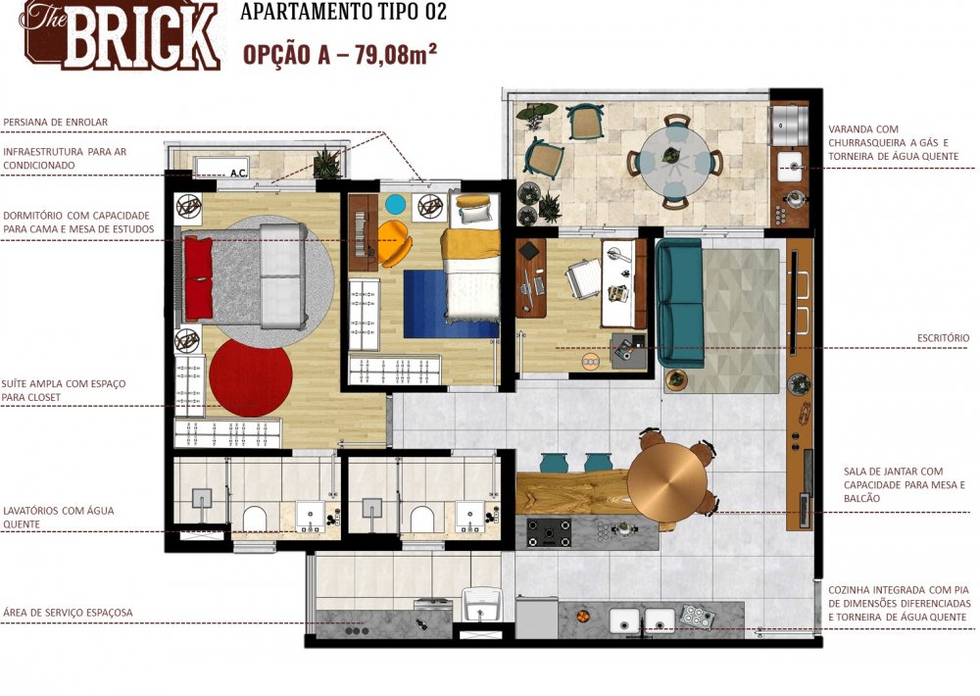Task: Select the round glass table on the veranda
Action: pos(676,159)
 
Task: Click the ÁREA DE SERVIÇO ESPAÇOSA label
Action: pos(68,613)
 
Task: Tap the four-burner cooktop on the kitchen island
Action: pos(549,532)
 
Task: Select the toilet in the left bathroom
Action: pos(255,517)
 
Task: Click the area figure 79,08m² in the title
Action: pos(387,54)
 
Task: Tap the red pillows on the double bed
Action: pos(198,278)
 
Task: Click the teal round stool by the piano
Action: pos(395,204)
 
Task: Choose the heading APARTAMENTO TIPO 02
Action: pos(343,13)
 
